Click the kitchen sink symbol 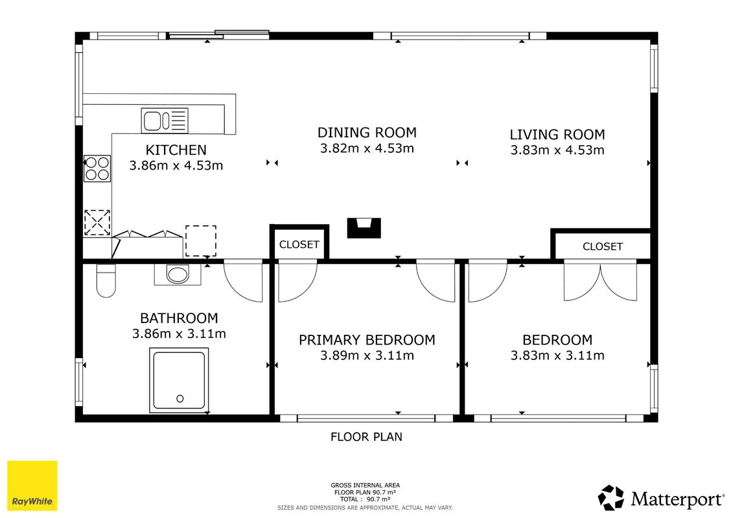[165, 120]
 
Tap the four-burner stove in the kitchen [97, 168]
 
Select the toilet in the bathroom [106, 281]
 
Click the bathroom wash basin [178, 275]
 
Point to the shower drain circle [180, 398]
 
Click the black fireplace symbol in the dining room [364, 228]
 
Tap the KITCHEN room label [176, 150]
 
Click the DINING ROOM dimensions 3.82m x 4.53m [367, 148]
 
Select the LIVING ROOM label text [557, 135]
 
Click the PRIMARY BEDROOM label [367, 339]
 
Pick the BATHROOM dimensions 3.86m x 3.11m [179, 333]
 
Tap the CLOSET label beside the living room [603, 247]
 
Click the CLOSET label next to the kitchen [299, 244]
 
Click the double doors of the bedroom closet [600, 280]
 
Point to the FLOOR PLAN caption [367, 436]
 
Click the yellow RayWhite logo [32, 486]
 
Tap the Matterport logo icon [611, 498]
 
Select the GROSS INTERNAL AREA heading [365, 486]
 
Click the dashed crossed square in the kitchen [97, 222]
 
